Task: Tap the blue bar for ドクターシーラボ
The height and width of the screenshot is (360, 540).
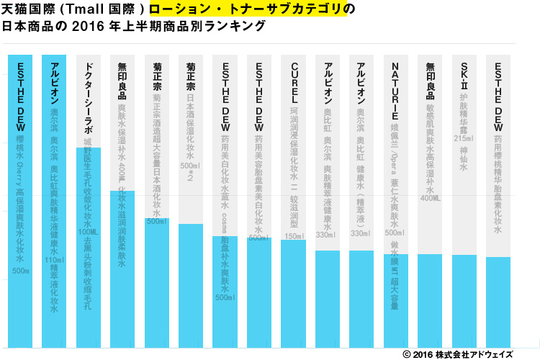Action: pos(88,252)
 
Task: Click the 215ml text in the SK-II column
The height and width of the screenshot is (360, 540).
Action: pos(464,138)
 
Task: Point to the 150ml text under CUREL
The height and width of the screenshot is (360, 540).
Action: pos(294,235)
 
